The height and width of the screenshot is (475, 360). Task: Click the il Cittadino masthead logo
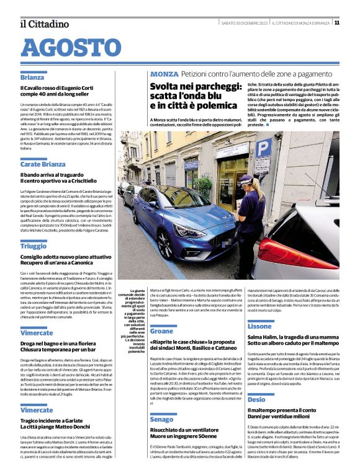[x=44, y=24]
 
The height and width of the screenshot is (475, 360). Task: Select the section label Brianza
[x=32, y=78]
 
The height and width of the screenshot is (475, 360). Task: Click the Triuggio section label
[x=33, y=246]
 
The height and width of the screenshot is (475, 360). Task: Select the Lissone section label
[x=259, y=326]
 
